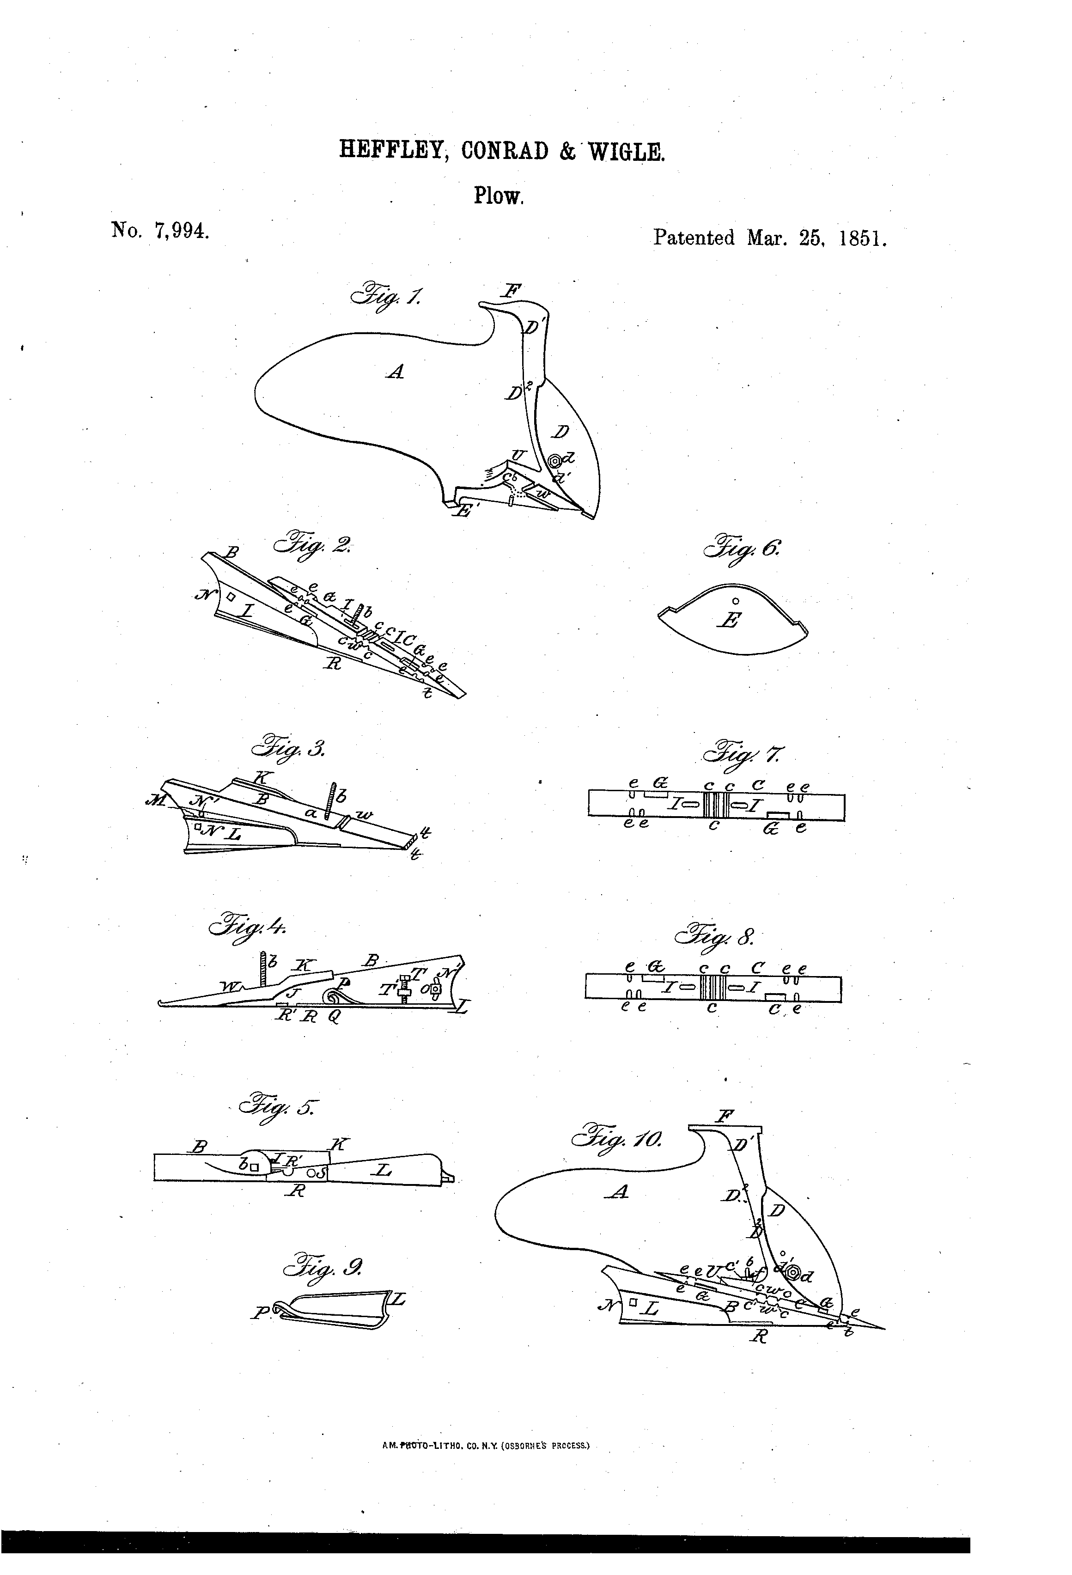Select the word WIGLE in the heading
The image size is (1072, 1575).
pyautogui.click(x=626, y=151)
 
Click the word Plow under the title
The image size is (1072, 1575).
pyautogui.click(x=498, y=197)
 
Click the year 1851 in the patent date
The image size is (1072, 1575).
pyautogui.click(x=863, y=238)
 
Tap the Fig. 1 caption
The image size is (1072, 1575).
pyautogui.click(x=385, y=295)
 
